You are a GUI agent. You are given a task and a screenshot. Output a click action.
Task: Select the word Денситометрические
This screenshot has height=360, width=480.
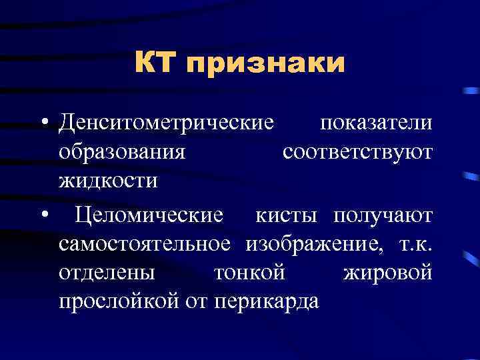click(166, 124)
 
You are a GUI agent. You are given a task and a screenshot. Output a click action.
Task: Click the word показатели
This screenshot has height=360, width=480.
click(376, 124)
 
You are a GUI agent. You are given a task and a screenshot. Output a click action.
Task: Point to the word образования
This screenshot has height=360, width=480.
click(121, 153)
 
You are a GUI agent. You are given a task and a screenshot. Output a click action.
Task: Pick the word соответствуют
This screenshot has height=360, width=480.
click(357, 153)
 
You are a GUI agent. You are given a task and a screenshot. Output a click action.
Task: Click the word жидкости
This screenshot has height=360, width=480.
click(108, 181)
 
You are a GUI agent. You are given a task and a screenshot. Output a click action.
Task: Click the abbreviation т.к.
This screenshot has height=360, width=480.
click(414, 245)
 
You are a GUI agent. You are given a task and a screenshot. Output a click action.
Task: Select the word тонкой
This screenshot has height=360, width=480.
click(249, 273)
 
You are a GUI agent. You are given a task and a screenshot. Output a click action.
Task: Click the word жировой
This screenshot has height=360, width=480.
click(387, 273)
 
